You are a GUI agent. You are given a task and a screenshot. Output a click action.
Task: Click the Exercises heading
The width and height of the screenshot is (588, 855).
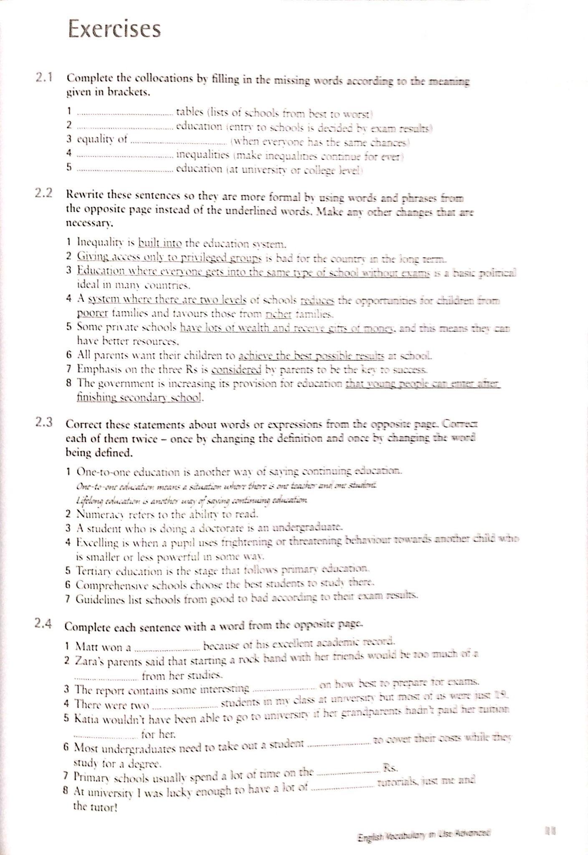tap(114, 29)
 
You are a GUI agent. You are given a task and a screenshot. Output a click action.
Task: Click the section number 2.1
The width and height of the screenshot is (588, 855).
tap(43, 78)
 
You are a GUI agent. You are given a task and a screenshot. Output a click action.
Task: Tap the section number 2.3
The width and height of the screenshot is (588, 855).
tap(43, 422)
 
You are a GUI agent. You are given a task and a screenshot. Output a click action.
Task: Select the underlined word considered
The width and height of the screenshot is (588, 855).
tap(236, 369)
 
